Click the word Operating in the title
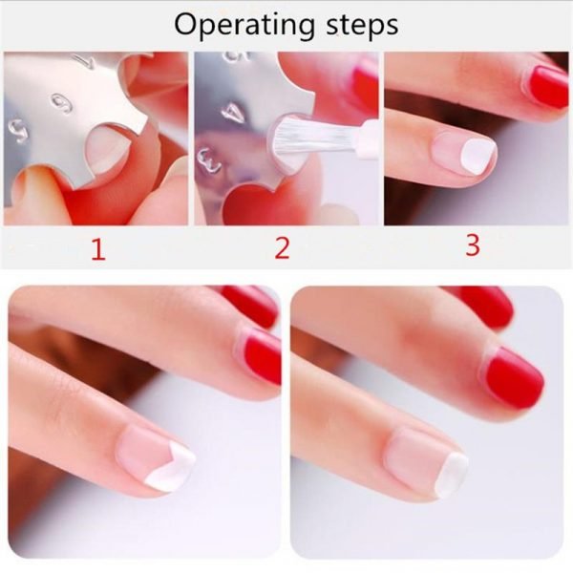(x=244, y=26)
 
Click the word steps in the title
(x=362, y=25)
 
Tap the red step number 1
(x=98, y=249)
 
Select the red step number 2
(x=282, y=248)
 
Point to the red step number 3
(x=473, y=245)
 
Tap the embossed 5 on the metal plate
(x=17, y=131)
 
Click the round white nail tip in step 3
(x=477, y=156)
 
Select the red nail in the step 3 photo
(x=546, y=87)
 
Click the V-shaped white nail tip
(x=171, y=467)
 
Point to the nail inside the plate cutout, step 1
(x=107, y=149)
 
